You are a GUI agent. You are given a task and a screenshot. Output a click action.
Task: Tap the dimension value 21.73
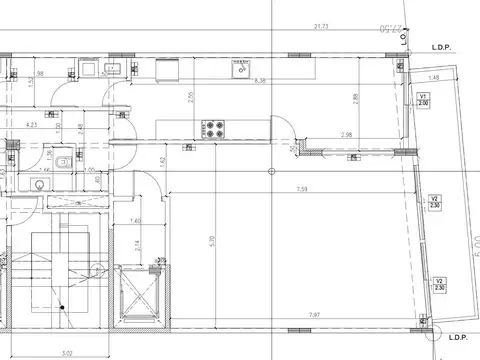click(321, 26)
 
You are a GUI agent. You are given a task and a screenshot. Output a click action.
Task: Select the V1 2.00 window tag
click(423, 99)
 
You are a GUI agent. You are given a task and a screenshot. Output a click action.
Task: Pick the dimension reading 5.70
click(211, 240)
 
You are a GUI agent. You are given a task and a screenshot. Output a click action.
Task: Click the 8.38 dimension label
click(261, 79)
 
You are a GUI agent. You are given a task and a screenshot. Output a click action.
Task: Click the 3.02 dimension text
click(67, 352)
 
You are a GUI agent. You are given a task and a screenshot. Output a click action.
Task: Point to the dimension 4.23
click(32, 125)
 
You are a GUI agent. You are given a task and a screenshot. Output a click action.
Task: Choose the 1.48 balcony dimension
click(434, 77)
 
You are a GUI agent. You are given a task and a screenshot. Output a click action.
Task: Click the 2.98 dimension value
click(346, 135)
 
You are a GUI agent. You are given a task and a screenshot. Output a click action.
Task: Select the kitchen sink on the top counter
click(240, 69)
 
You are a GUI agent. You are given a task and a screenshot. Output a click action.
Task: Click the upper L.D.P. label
click(444, 47)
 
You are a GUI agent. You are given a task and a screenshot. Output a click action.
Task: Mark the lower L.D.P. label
click(458, 337)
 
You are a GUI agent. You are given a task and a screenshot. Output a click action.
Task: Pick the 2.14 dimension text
click(137, 244)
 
